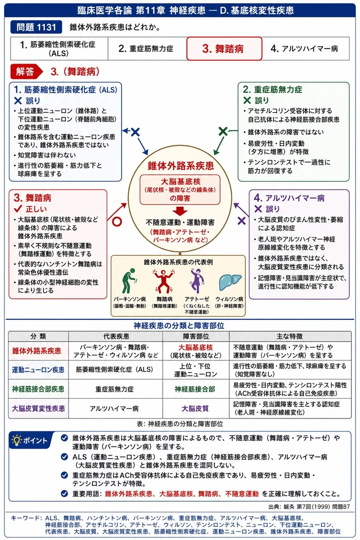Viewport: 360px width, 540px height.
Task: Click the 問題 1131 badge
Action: [x=36, y=27]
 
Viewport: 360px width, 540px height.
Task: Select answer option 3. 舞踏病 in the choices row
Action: [x=224, y=49]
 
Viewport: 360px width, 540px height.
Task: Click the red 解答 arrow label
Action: [x=26, y=72]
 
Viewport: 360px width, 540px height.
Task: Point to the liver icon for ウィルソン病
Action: [x=230, y=282]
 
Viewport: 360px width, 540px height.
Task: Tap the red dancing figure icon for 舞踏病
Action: [x=163, y=281]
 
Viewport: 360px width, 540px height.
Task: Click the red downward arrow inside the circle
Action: [x=180, y=211]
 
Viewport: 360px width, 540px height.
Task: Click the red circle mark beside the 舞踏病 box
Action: [x=117, y=221]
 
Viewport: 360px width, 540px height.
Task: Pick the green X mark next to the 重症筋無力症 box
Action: [x=223, y=131]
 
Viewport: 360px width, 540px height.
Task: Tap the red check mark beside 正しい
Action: [x=18, y=209]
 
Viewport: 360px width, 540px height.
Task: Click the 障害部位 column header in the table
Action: [x=196, y=336]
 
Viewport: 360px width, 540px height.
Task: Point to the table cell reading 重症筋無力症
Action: [x=114, y=389]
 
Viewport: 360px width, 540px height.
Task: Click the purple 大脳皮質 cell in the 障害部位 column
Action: [x=195, y=408]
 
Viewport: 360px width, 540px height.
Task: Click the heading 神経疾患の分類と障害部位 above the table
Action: [x=179, y=326]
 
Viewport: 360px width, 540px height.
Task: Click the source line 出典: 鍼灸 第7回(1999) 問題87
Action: [x=309, y=507]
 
